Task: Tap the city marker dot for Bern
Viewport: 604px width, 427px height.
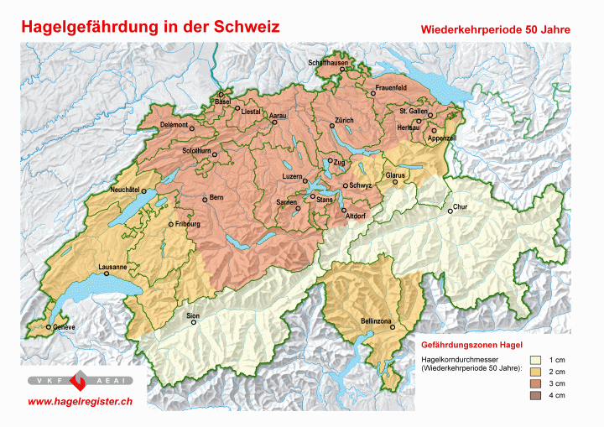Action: click(205, 199)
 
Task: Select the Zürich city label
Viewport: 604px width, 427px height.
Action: click(344, 121)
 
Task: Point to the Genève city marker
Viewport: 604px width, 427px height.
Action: click(49, 326)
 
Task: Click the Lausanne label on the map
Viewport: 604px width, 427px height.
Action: click(112, 267)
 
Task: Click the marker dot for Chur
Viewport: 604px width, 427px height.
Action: click(450, 211)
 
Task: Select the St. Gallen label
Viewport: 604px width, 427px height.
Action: click(414, 111)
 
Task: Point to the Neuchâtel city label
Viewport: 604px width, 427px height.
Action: click(125, 190)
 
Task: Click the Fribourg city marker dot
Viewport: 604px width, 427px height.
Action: click(171, 225)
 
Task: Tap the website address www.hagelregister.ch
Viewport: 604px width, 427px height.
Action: click(80, 402)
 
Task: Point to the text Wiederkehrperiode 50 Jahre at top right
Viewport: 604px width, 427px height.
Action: click(496, 29)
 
